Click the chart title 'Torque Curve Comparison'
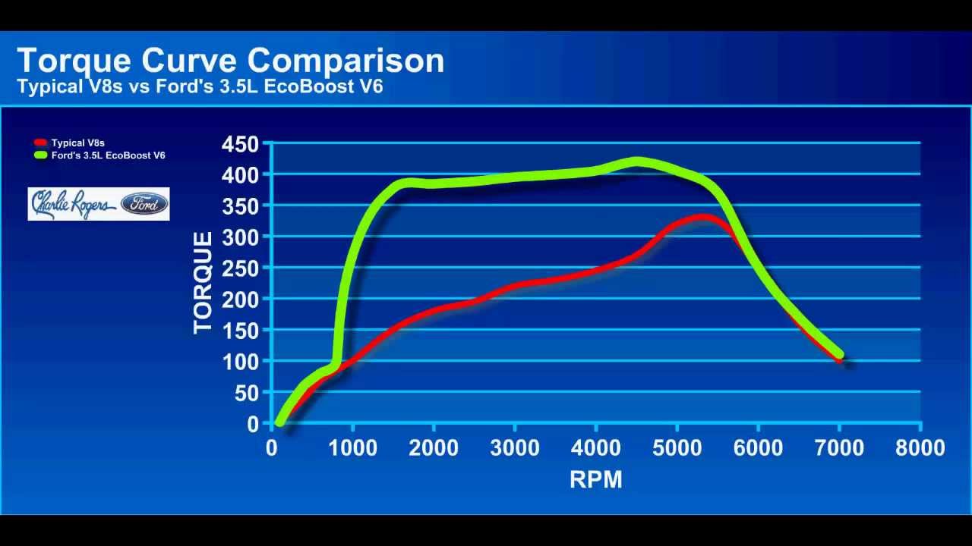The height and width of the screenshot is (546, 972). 230,61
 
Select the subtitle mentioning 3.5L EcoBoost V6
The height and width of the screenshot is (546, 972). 200,86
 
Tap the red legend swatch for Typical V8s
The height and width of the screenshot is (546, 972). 41,143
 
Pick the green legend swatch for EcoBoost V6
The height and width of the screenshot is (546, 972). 41,155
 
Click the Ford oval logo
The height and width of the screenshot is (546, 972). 144,204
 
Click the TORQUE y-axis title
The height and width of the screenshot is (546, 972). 203,283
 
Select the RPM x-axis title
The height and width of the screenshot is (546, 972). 596,479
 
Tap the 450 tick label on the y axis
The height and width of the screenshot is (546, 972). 241,143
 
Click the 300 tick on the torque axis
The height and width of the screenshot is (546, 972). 241,237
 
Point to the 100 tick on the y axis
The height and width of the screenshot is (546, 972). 241,361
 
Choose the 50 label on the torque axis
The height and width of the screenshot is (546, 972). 247,393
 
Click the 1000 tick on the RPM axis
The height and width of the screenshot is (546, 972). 352,448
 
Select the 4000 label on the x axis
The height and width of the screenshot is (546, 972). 595,448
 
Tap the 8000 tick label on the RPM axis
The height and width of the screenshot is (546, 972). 920,448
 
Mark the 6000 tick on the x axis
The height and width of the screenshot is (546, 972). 758,448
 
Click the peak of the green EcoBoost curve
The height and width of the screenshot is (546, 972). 636,162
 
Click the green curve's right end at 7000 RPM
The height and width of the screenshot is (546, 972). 838,353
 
